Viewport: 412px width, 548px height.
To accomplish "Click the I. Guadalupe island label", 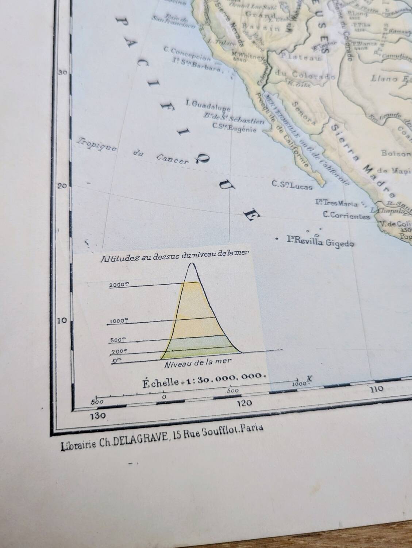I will pyautogui.click(x=208, y=105).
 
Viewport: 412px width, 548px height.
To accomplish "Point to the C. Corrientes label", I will pyautogui.click(x=346, y=216).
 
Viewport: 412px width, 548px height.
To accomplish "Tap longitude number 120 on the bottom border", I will pyautogui.click(x=244, y=403).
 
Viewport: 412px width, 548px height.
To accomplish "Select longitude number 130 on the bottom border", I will pyautogui.click(x=99, y=416).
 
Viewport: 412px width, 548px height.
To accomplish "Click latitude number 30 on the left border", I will pyautogui.click(x=62, y=72).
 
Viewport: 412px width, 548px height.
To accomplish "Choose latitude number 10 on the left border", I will pyautogui.click(x=62, y=320).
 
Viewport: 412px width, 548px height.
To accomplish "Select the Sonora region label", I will pyautogui.click(x=303, y=111).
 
